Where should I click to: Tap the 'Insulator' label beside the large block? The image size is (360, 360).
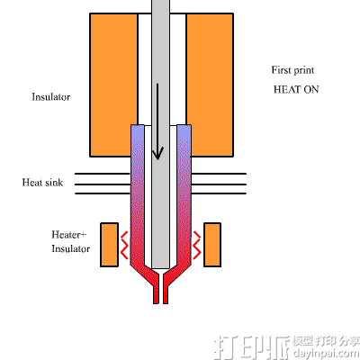[x=51, y=96]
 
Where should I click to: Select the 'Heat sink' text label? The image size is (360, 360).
[x=42, y=183]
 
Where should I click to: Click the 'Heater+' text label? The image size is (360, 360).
[x=69, y=235]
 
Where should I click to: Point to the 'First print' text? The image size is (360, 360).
[x=292, y=70]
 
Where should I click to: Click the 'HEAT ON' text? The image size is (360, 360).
[x=296, y=90]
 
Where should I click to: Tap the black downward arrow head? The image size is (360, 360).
[x=158, y=152]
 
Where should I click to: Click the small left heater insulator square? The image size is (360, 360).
[x=111, y=244]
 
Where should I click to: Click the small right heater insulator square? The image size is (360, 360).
[x=213, y=244]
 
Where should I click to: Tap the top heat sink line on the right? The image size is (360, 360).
[x=220, y=174]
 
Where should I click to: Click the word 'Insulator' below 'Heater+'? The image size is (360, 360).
[x=71, y=248]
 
